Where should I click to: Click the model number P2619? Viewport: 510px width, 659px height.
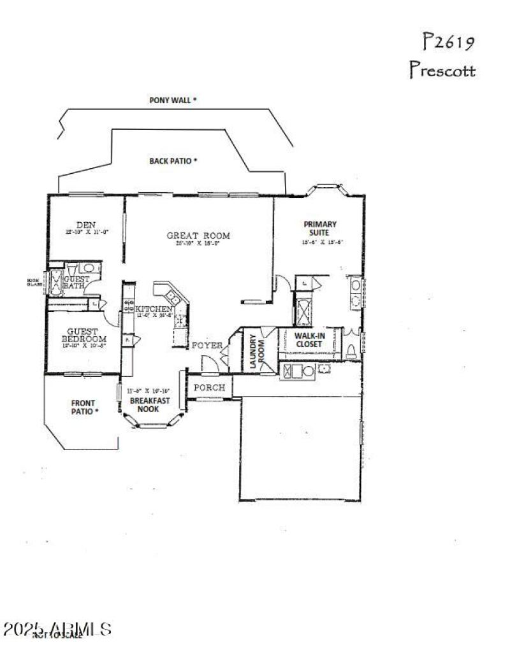(x=448, y=43)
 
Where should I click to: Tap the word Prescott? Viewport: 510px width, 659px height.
(x=442, y=69)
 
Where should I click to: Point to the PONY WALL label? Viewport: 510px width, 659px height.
(x=173, y=100)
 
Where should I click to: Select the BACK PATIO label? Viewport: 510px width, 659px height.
(x=173, y=161)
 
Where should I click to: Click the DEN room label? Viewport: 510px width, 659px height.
(x=86, y=224)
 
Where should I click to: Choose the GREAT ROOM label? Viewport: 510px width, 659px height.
(x=198, y=236)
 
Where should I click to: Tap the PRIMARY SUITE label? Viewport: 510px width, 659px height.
(x=320, y=228)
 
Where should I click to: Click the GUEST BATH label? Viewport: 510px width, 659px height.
(x=76, y=283)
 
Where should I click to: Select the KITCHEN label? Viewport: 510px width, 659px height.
(x=154, y=309)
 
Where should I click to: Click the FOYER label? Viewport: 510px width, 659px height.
(x=208, y=346)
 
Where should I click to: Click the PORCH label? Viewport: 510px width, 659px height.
(x=208, y=387)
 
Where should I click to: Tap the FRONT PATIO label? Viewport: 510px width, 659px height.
(x=84, y=406)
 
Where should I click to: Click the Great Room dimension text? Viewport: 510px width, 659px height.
(x=198, y=243)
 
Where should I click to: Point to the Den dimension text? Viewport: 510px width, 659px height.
(x=86, y=232)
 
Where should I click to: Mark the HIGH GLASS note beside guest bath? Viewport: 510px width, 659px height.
(x=33, y=282)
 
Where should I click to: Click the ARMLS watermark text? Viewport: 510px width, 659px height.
(x=57, y=630)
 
